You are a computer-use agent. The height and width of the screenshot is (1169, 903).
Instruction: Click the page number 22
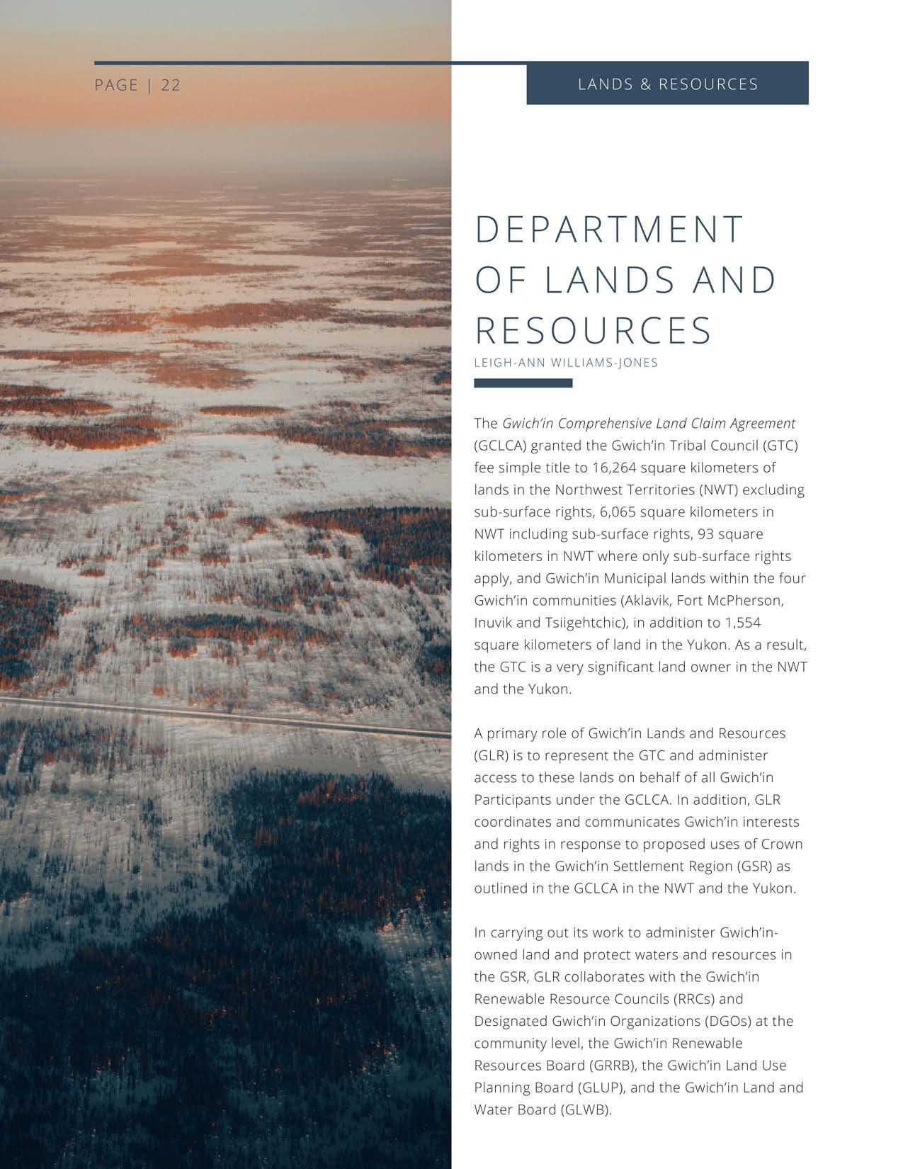171,85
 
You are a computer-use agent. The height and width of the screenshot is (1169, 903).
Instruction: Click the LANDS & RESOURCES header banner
667,84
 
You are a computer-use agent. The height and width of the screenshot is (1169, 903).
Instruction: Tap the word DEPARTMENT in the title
609,230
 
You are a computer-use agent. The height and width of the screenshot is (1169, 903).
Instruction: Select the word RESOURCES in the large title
593,331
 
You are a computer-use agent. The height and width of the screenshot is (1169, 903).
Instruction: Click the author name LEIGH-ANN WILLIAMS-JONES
566,363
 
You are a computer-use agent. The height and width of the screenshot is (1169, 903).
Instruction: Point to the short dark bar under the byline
523,383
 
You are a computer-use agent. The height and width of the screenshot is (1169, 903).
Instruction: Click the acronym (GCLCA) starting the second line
500,446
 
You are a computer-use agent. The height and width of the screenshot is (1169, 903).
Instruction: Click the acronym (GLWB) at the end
585,1109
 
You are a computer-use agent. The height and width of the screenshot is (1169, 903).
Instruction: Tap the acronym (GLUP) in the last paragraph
602,1088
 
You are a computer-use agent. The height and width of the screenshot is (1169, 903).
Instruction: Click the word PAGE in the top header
116,85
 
